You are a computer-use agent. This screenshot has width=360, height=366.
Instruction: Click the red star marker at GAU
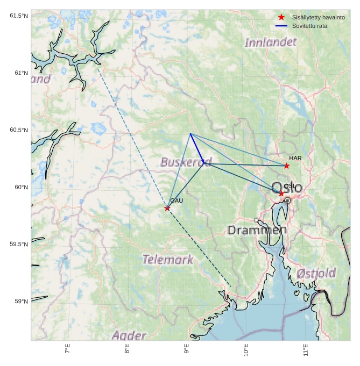[x=167, y=208]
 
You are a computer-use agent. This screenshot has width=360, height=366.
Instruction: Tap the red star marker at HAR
[x=287, y=166]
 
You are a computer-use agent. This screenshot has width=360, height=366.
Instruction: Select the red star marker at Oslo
[x=281, y=193]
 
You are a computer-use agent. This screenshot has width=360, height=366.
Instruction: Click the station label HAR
[x=295, y=158]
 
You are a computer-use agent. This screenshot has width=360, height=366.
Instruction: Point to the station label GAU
[x=177, y=200]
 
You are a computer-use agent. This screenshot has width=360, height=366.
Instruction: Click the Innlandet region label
[x=271, y=42]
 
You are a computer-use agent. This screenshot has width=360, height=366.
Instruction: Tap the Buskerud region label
[x=186, y=162]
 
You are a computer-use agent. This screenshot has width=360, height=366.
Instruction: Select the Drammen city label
[x=257, y=231]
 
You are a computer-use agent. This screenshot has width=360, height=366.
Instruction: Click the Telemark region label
[x=168, y=260]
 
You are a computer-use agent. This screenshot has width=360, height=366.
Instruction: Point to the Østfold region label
[x=316, y=274]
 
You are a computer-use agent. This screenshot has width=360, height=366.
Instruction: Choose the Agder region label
[x=129, y=336]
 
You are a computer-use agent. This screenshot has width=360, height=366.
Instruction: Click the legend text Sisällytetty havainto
[x=319, y=17]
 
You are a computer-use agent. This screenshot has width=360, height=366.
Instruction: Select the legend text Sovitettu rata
[x=310, y=26]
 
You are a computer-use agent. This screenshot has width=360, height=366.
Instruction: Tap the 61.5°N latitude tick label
[x=18, y=16]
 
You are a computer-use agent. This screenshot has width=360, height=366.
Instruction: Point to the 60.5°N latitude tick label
[x=18, y=130]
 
